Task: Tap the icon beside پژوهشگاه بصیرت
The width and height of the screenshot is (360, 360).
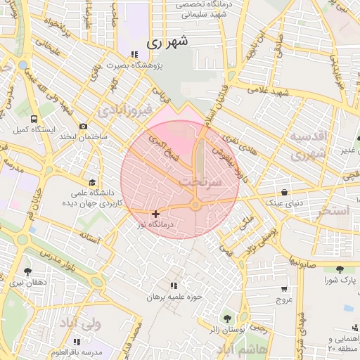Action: (134, 55)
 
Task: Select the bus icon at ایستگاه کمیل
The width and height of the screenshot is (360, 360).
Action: (34, 120)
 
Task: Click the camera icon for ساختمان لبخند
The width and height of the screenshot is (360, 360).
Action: (84, 127)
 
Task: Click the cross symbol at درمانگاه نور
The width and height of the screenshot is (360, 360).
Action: (155, 214)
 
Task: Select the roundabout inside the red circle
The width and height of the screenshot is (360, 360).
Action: (195, 205)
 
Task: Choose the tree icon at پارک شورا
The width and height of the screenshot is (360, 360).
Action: (340, 269)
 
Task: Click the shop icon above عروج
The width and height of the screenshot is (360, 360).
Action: (284, 288)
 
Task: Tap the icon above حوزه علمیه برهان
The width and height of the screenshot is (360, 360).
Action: (173, 285)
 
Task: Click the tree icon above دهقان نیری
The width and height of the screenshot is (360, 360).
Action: (27, 271)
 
